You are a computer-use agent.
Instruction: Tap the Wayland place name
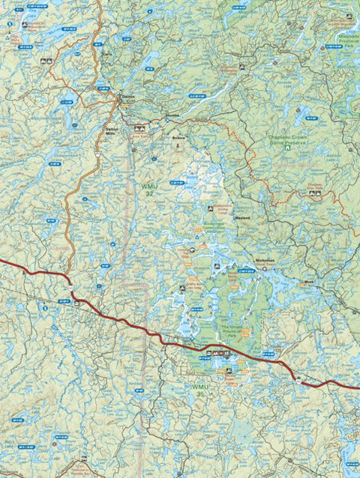[x=241, y=217]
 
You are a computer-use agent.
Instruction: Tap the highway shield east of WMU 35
[x=298, y=381]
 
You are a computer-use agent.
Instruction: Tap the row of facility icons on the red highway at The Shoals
[x=215, y=353]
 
